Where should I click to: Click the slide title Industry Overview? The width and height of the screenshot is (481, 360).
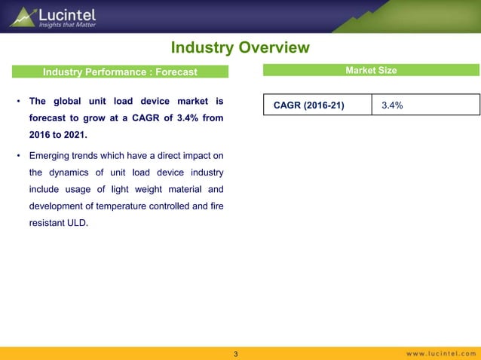[240, 48]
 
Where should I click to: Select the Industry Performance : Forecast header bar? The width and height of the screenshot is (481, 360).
[120, 72]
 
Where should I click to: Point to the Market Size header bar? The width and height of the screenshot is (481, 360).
[371, 71]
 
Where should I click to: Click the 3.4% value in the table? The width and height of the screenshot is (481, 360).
[392, 105]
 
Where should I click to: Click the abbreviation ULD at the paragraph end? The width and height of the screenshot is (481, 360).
[87, 224]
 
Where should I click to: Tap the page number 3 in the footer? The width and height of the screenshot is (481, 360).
[236, 354]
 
